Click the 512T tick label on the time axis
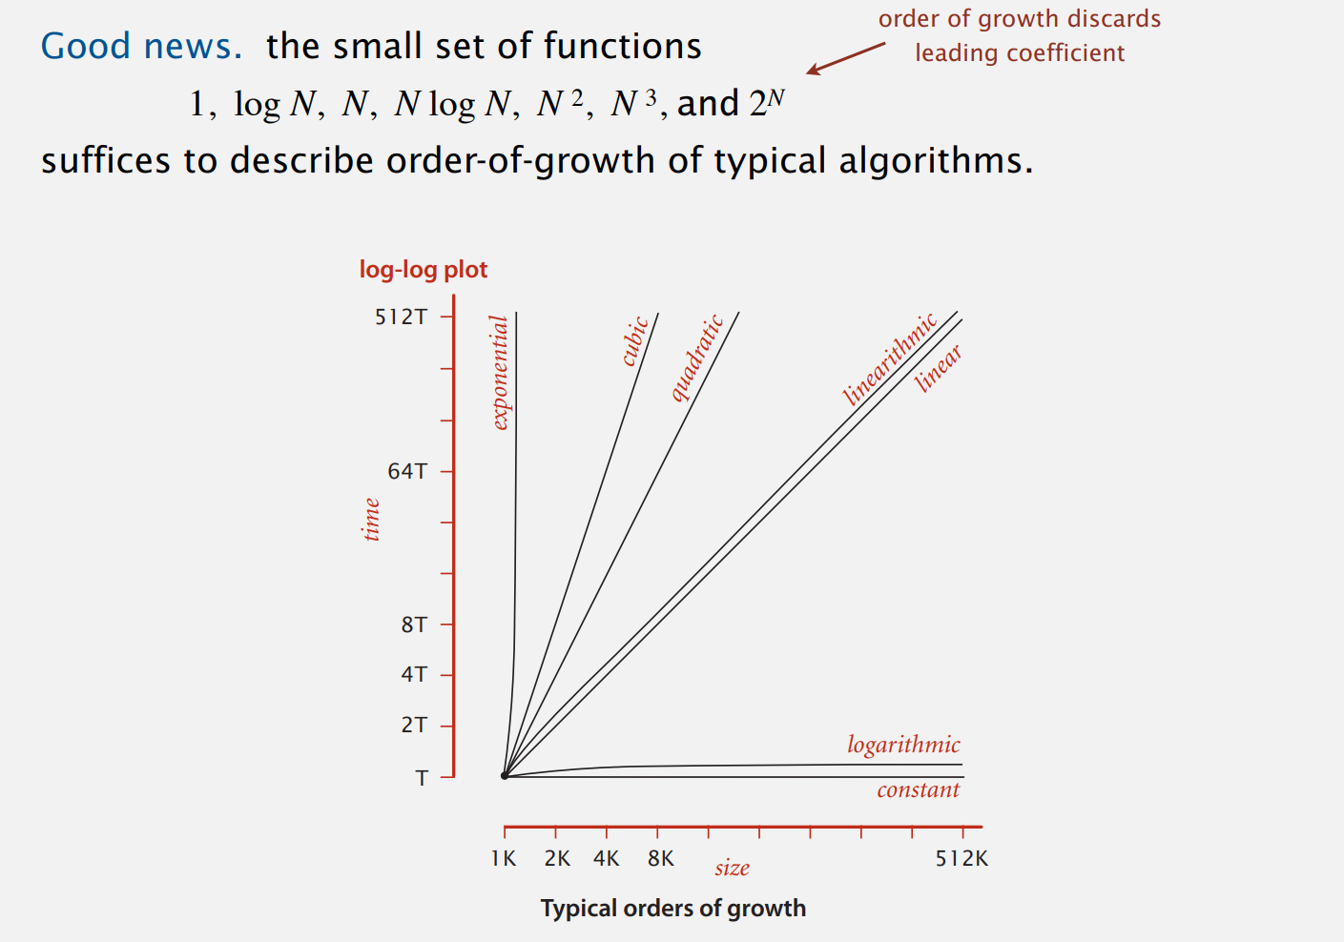click(x=401, y=317)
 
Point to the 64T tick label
click(x=407, y=471)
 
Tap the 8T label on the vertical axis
click(x=414, y=625)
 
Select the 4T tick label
click(x=414, y=674)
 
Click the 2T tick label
click(x=414, y=725)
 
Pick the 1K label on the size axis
click(x=504, y=858)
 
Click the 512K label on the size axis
click(x=961, y=858)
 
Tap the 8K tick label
click(x=660, y=858)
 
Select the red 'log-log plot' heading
click(x=424, y=270)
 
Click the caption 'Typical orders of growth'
click(x=672, y=908)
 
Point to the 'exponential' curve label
click(x=500, y=373)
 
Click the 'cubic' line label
click(x=635, y=341)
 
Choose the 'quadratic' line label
click(x=697, y=358)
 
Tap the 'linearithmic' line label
click(x=890, y=359)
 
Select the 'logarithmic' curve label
click(x=903, y=745)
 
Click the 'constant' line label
click(x=918, y=789)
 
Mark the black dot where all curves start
click(x=505, y=776)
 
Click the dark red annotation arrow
click(x=845, y=57)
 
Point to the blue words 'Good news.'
click(x=141, y=46)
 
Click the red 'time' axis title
click(x=371, y=520)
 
